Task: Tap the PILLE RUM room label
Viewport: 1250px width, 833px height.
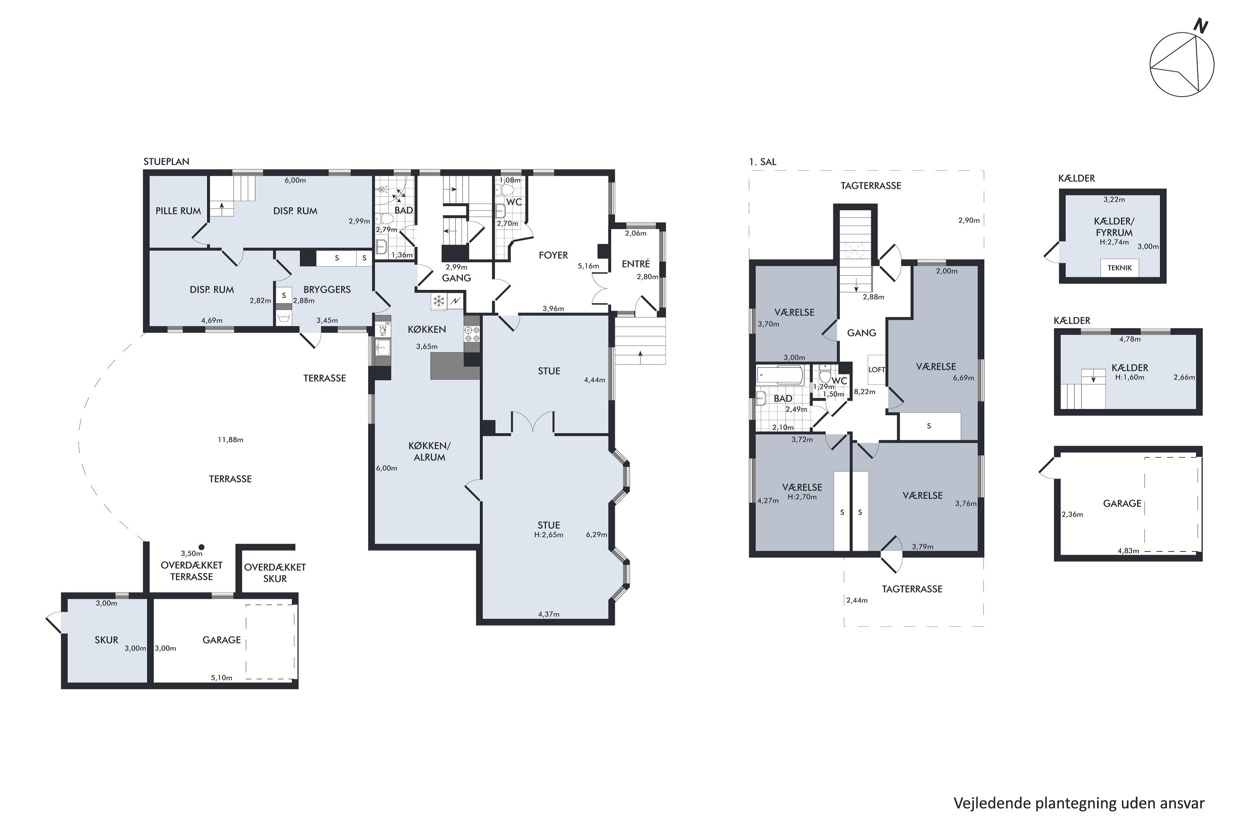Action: click(x=178, y=211)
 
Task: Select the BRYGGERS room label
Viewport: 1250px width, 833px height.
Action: click(x=327, y=289)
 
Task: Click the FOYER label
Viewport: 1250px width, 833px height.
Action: click(x=553, y=255)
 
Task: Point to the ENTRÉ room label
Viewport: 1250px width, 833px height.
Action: click(x=636, y=264)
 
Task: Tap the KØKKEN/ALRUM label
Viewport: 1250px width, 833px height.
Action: click(x=430, y=451)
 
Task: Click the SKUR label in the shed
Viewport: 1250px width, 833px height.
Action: click(x=106, y=640)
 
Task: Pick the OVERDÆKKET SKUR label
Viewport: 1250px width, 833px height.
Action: click(x=275, y=573)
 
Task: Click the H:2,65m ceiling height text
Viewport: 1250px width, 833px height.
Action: click(x=548, y=535)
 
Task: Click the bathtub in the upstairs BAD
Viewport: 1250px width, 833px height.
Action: click(x=779, y=375)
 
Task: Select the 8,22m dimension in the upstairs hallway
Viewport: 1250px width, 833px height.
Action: click(x=865, y=392)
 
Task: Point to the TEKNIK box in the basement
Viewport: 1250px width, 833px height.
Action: click(x=1120, y=268)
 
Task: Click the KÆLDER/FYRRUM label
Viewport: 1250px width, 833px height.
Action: click(x=1114, y=227)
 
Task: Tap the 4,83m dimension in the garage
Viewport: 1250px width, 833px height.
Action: click(x=1128, y=551)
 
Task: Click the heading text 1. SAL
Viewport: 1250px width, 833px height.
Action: click(x=762, y=162)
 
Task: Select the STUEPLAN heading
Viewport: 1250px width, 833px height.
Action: click(x=166, y=162)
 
